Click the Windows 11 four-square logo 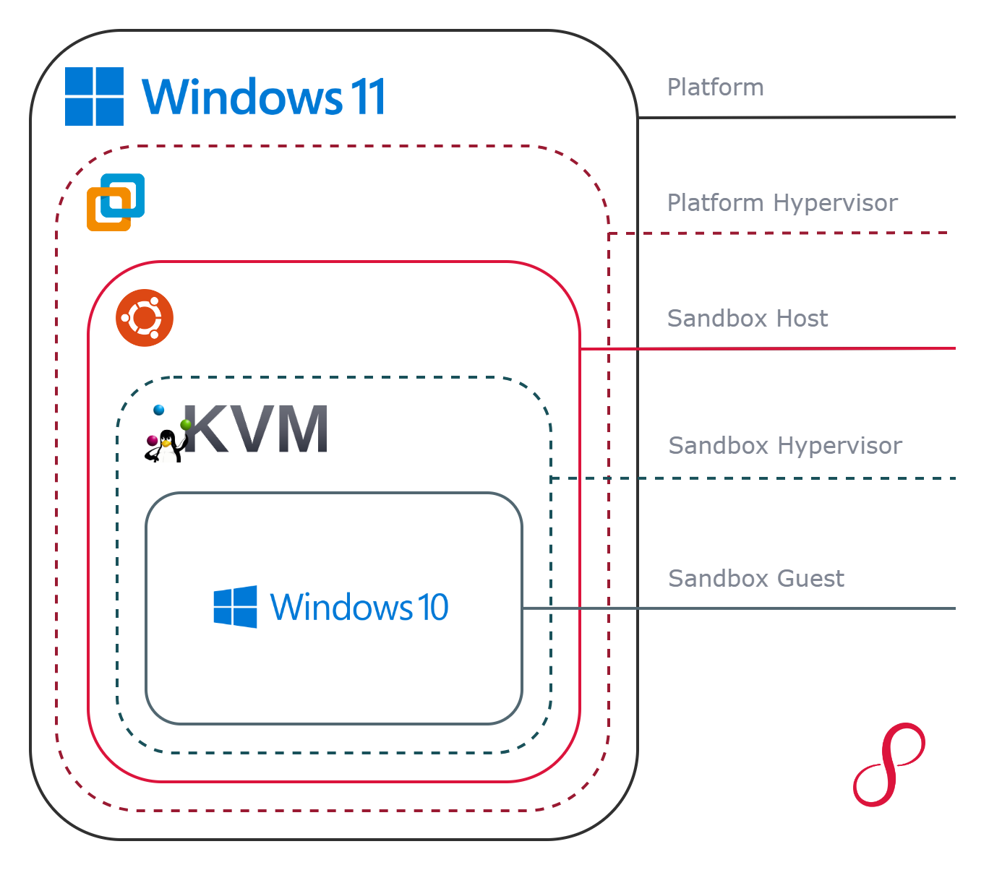pos(94,96)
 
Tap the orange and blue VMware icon pos(116,202)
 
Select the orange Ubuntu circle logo pos(145,318)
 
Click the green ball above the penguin pos(187,424)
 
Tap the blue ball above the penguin pos(159,410)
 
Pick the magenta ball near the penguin pos(152,440)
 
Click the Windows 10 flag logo pos(235,607)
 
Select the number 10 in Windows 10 pos(432,607)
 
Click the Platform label pos(715,87)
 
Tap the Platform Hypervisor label pos(782,203)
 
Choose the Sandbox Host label pos(748,319)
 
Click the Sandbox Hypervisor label pos(785,446)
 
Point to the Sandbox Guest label pos(755,579)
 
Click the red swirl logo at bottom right pos(889,765)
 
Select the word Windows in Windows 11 pos(242,98)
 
